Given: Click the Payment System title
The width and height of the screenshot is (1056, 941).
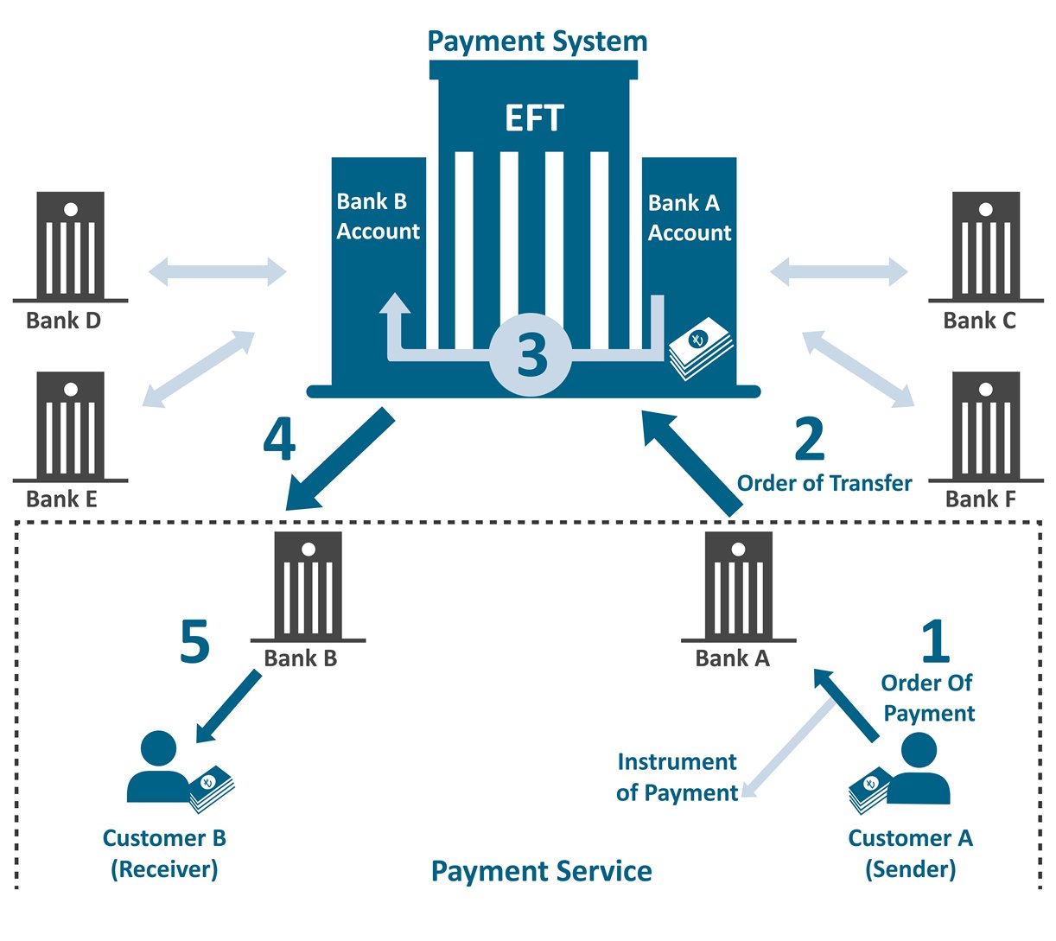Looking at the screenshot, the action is click(537, 41).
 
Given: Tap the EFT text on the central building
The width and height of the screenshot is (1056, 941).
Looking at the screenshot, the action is click(534, 118).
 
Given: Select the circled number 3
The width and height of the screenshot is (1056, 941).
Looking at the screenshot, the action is click(531, 354).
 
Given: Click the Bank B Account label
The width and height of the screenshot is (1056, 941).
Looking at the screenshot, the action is click(378, 216).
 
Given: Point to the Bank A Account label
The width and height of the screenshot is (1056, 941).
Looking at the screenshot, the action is click(689, 218).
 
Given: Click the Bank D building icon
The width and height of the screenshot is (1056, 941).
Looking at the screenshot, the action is click(70, 247).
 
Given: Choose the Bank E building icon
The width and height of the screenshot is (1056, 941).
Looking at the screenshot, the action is click(70, 427).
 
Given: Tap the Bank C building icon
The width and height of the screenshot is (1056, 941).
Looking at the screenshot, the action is click(986, 247).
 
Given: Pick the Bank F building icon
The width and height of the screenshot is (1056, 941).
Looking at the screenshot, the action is click(986, 427).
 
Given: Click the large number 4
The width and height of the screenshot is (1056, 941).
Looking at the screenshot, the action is click(279, 441).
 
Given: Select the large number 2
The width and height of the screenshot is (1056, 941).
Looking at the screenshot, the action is click(810, 439).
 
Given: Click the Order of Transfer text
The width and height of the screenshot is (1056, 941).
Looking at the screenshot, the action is click(824, 483).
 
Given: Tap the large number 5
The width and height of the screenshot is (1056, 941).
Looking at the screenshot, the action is click(195, 641).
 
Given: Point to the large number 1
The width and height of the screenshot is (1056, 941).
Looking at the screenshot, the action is click(936, 640).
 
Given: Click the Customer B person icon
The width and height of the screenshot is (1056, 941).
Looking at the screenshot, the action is click(158, 766).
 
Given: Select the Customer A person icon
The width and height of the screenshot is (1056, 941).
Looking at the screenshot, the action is click(919, 767).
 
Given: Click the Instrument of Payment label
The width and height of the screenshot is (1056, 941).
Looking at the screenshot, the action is click(677, 777).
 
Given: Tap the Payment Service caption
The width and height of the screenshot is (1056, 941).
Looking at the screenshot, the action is click(542, 871).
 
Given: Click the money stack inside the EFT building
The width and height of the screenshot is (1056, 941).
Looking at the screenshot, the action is click(701, 348).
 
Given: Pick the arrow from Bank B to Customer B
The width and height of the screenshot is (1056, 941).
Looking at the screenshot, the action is click(228, 707).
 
